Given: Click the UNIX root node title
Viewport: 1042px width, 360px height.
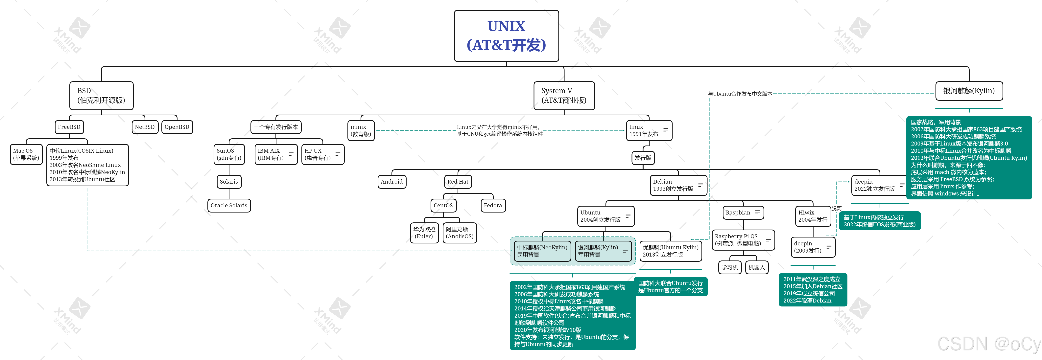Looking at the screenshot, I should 507,36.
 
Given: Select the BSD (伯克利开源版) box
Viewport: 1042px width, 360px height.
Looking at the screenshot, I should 101,96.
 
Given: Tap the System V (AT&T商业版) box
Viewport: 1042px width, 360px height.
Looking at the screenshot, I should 564,96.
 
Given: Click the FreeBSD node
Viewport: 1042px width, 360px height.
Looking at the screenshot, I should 69,127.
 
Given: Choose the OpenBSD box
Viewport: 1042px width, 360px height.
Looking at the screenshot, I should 177,127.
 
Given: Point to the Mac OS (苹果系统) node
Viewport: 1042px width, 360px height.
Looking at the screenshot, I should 26,154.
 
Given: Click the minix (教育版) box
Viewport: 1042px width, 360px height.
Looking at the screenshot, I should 361,130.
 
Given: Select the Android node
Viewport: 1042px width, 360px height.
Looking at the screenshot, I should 391,182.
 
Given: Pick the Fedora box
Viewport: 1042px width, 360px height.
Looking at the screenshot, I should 493,206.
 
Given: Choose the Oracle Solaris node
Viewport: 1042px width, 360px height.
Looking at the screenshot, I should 229,206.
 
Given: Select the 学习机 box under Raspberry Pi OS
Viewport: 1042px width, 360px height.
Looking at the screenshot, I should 730,267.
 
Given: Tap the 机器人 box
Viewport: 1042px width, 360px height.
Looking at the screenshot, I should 756,267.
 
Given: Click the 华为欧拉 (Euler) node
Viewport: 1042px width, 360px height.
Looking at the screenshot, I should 424,233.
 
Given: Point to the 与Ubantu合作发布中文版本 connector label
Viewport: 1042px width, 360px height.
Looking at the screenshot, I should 740,94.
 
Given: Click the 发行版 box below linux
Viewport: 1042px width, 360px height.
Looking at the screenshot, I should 643,158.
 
